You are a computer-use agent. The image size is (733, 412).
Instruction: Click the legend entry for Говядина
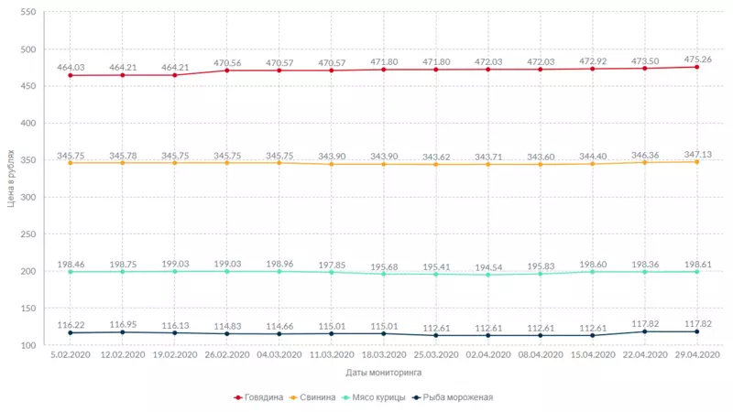(263, 397)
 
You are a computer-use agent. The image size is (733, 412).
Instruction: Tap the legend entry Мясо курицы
(376, 397)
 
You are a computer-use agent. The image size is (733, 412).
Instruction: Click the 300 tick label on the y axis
(27, 198)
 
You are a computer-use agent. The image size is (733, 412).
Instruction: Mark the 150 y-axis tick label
(27, 309)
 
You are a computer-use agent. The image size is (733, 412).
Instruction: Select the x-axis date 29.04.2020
(697, 354)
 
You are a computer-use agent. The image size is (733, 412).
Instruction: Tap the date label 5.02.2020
(70, 354)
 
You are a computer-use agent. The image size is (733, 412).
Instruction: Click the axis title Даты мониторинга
(383, 373)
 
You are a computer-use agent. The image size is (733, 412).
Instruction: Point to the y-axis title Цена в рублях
(11, 179)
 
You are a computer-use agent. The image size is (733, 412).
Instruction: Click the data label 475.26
(697, 58)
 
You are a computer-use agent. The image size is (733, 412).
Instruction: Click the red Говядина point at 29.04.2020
(697, 67)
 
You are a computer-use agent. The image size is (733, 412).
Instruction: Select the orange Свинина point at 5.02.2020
(70, 163)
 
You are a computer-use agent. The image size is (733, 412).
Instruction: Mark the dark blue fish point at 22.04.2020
(645, 331)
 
